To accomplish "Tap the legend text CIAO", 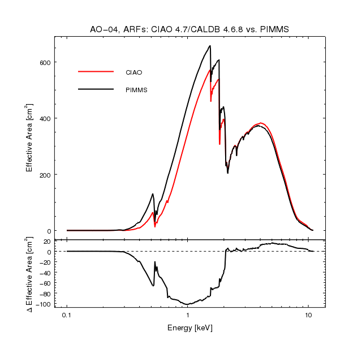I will [x=133, y=72].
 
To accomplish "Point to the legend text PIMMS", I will [x=136, y=90].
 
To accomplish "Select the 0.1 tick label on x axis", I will [x=67, y=315].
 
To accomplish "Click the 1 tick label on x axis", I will [x=187, y=315].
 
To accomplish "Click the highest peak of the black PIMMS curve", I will [x=210, y=46].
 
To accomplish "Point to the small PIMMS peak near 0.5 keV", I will [x=153, y=194].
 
